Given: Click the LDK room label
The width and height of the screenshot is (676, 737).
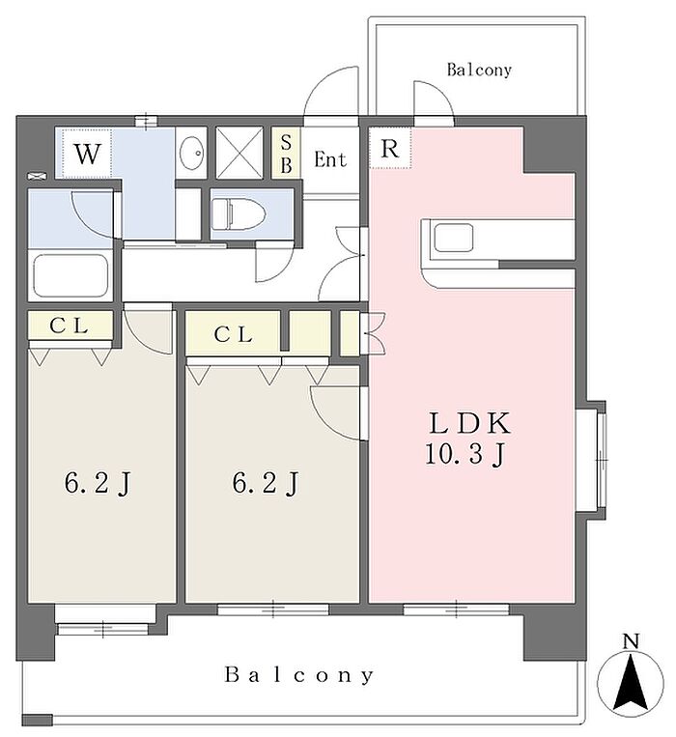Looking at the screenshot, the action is point(469,423).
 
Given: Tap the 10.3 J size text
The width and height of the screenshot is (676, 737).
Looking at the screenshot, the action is point(465,455).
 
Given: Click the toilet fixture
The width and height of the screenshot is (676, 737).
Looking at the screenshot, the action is point(239,213).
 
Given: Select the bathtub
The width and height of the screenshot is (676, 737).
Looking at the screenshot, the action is point(70,276).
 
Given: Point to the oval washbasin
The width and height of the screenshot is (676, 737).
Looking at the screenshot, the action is point(191,153).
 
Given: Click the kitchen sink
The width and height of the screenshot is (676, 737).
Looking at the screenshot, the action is point(453,238).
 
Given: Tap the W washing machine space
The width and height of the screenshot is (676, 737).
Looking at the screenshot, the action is point(87,154).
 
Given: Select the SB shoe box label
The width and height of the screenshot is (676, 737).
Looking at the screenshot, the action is point(286,154).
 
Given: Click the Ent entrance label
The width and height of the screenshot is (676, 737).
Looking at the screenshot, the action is point(330,159).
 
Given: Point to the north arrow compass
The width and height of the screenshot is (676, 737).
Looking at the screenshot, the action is point(631,682).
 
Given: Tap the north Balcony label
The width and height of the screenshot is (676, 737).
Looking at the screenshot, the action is point(479,71).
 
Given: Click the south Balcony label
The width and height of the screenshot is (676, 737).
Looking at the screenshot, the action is point(299,675).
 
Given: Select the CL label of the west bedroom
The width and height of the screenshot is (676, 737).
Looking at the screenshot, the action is point(70,326).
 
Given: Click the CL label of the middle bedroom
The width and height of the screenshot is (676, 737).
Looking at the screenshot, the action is point(233,334).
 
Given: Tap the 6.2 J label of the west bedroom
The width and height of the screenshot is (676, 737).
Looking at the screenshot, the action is point(98,484).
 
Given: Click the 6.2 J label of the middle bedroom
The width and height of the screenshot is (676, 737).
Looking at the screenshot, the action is point(266,484).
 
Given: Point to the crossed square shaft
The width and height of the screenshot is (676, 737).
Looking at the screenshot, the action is point(239,153).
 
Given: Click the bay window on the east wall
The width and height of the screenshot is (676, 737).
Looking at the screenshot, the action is point(590,460).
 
